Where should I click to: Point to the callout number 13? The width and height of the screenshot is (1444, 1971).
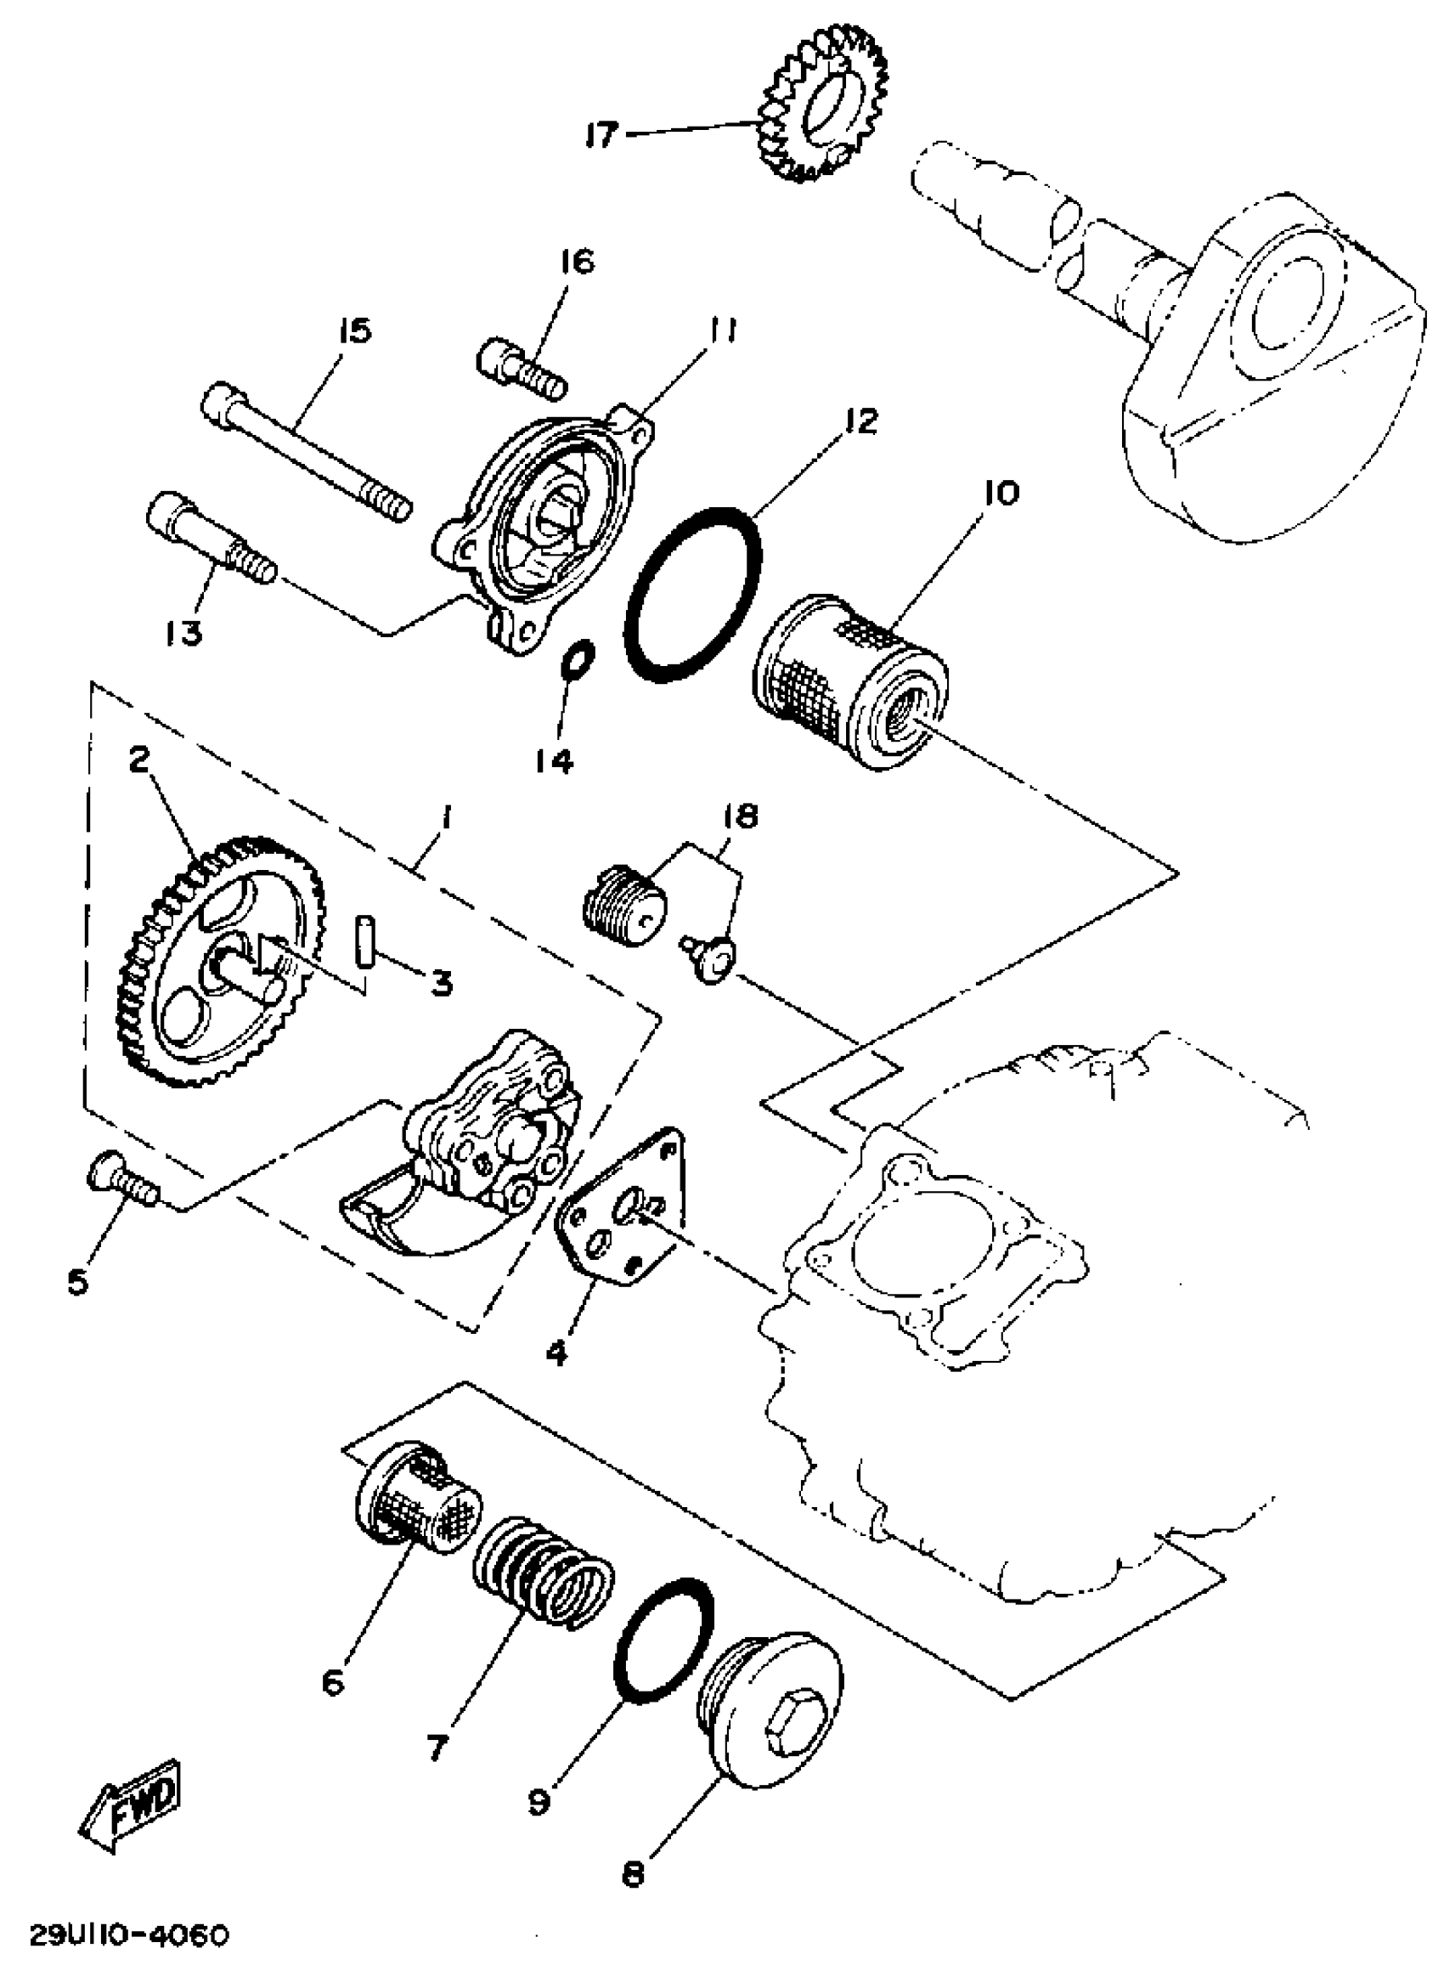pos(183,632)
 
